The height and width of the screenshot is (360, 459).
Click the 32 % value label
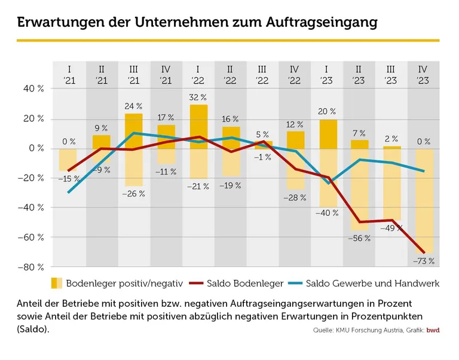pos(198,97)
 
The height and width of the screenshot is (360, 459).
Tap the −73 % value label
pos(423,261)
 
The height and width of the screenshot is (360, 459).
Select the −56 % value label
pos(359,238)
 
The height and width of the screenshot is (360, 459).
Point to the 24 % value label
pos(133,106)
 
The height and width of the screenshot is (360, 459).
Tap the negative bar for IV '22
pos(295,169)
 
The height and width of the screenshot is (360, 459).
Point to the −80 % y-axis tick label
pos(31,267)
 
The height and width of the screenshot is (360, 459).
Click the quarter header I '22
pos(198,74)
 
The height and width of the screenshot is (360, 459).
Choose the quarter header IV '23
pos(423,74)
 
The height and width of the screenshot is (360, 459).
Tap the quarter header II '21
pos(102,74)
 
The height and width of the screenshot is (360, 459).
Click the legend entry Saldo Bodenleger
pos(235,283)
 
